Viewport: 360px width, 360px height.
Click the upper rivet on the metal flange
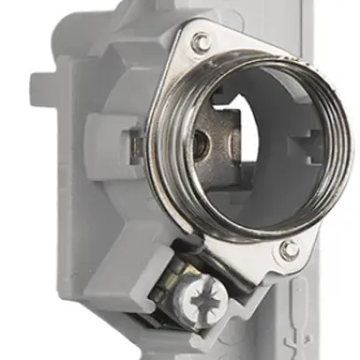(201, 41)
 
